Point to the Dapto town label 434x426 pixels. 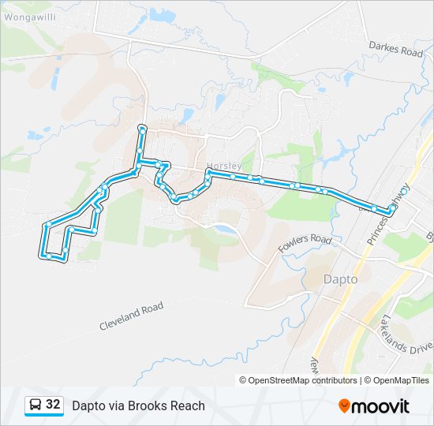point(340,279)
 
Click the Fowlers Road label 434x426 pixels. point(305,244)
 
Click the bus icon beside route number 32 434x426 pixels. point(36,405)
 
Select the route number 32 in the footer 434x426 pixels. point(53,405)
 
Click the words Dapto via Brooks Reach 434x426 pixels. point(138,405)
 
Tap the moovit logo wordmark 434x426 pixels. point(380,406)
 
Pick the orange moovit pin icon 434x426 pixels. point(344,406)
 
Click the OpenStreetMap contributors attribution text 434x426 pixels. point(303,380)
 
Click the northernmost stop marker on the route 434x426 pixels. point(142,127)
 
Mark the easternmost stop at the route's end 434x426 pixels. point(391,211)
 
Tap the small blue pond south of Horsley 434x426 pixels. point(223,230)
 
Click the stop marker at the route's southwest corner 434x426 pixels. point(49,256)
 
